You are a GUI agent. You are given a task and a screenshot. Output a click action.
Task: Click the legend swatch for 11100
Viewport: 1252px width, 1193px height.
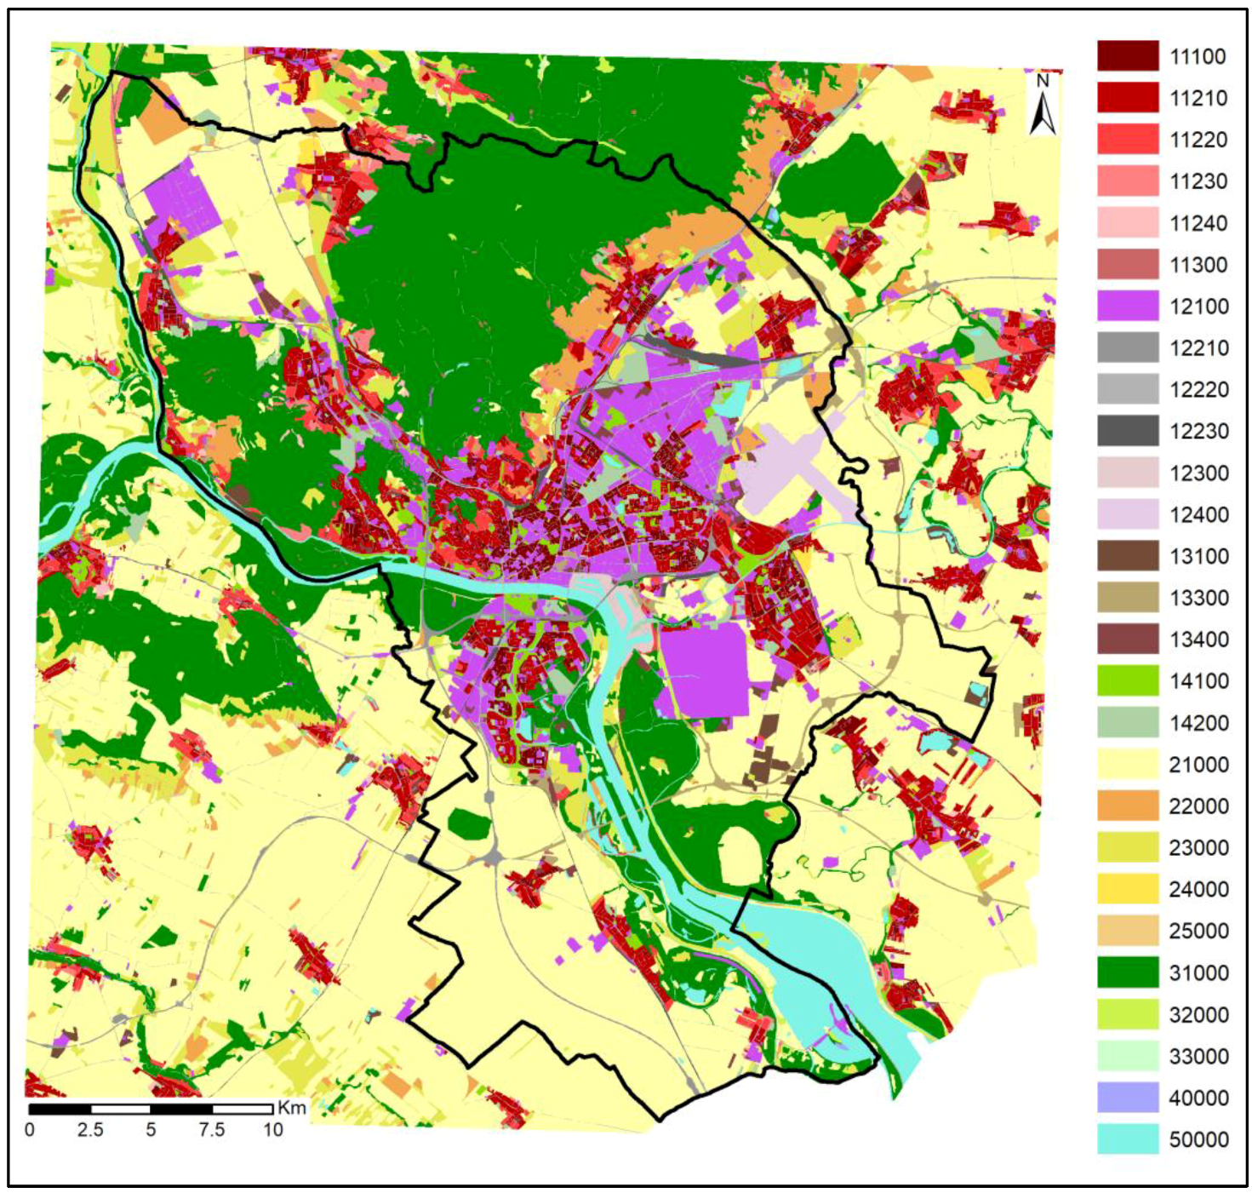1128,56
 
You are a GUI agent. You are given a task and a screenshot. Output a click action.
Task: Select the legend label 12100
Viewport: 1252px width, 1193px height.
1198,307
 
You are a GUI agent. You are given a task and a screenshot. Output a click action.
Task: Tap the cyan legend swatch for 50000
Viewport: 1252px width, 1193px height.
1128,1139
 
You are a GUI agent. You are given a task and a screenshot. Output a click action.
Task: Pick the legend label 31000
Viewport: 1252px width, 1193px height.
1198,972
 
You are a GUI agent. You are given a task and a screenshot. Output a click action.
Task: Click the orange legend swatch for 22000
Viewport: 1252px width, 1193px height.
1128,806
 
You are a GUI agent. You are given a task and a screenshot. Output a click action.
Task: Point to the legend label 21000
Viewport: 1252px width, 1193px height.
1198,765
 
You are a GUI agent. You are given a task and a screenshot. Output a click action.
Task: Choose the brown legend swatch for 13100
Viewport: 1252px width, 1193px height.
1128,556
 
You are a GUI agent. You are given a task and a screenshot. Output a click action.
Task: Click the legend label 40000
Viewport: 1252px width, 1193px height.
1198,1098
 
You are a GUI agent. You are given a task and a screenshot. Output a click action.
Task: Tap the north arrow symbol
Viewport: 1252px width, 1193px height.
1043,115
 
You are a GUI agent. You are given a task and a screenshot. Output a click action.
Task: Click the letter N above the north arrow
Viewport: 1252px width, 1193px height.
1043,82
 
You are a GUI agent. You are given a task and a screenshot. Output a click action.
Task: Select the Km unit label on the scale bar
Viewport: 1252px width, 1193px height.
292,1108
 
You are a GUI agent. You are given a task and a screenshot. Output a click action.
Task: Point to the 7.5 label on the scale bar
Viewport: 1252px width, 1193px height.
211,1130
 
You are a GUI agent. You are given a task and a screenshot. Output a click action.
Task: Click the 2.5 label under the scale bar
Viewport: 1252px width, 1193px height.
90,1130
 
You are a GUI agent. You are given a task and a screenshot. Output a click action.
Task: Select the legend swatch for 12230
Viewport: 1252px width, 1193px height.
1128,431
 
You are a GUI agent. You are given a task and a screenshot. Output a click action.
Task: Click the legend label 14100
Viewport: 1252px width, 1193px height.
1198,681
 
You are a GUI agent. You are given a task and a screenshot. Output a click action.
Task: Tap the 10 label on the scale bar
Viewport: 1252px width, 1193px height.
272,1130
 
